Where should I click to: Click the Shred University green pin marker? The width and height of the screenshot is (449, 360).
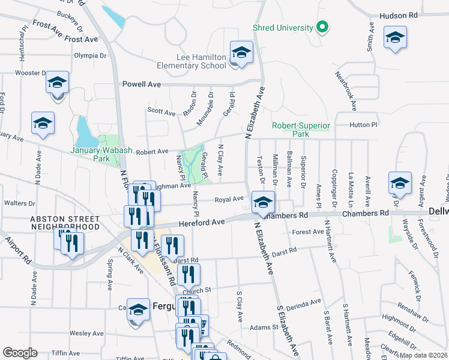322,28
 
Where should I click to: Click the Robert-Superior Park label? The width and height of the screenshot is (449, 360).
301,130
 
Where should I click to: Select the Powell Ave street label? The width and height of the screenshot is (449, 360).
142,85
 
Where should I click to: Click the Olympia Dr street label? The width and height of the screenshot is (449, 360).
90,55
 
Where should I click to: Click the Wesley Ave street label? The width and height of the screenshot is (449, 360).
87,333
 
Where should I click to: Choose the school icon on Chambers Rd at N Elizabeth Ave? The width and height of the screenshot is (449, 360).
263,203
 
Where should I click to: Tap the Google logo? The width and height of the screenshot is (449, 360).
20,353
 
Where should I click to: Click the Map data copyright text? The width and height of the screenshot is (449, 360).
424,355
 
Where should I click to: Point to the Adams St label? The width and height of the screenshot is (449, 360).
264,328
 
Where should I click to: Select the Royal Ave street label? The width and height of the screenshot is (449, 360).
229,199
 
